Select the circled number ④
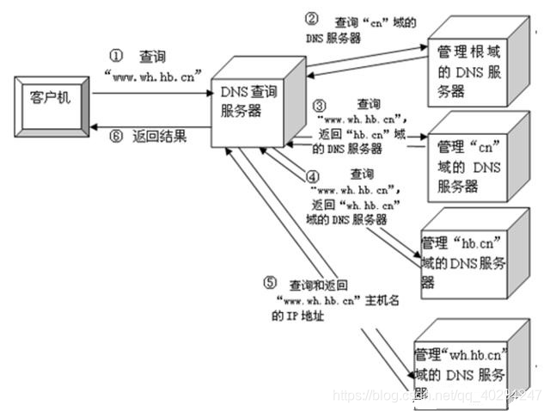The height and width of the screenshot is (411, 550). [314, 175]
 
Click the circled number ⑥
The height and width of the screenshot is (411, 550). [119, 136]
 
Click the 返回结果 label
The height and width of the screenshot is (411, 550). [161, 136]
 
